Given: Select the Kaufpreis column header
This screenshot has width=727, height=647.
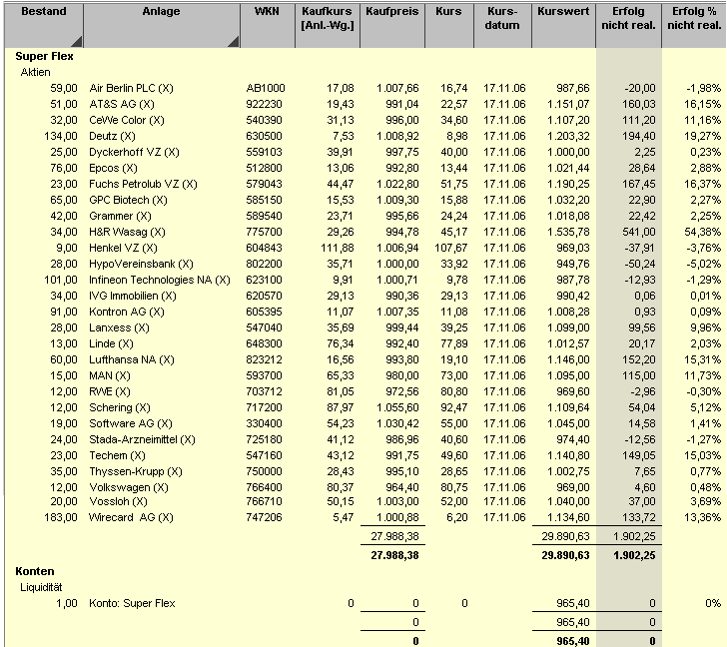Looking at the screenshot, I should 390,12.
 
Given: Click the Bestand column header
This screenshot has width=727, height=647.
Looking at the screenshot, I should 44,12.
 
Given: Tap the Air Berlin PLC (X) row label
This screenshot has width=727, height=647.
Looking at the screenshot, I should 131,89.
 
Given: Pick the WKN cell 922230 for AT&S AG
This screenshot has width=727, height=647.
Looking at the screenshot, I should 265,105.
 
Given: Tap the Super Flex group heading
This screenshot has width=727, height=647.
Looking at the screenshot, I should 44,57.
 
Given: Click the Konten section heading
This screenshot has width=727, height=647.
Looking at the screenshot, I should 35,571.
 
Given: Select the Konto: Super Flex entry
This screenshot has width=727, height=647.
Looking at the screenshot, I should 132,603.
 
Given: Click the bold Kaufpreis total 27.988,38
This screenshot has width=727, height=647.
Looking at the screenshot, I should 392,553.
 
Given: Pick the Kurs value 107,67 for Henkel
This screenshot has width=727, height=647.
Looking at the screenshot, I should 451,248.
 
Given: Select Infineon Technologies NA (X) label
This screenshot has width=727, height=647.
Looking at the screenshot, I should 160,280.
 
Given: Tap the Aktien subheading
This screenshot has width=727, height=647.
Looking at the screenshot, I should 36,73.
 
